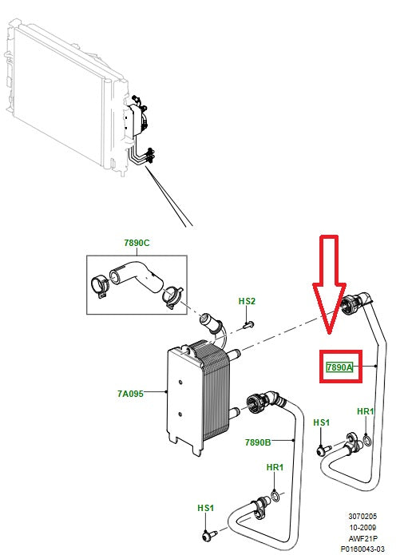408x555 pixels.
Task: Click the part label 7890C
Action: (x=137, y=243)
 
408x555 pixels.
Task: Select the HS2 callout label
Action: (x=247, y=301)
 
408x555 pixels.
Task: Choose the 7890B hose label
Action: (x=258, y=442)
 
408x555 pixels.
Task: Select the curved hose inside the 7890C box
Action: (x=136, y=280)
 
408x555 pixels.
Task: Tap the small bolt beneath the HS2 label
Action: (x=247, y=323)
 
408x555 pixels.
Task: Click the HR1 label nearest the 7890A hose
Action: (x=366, y=411)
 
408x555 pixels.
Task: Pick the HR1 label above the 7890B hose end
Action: (x=274, y=468)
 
